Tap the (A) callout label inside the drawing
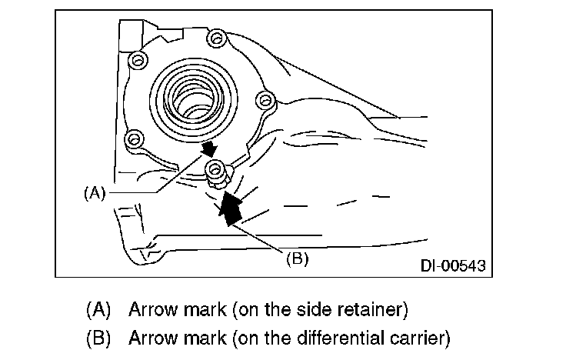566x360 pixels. pyautogui.click(x=93, y=193)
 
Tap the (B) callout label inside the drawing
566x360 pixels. pyautogui.click(x=297, y=258)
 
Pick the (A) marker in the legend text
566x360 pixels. pyautogui.click(x=98, y=311)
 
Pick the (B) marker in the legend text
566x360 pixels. pyautogui.click(x=98, y=337)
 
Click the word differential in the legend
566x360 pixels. pyautogui.click(x=334, y=337)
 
